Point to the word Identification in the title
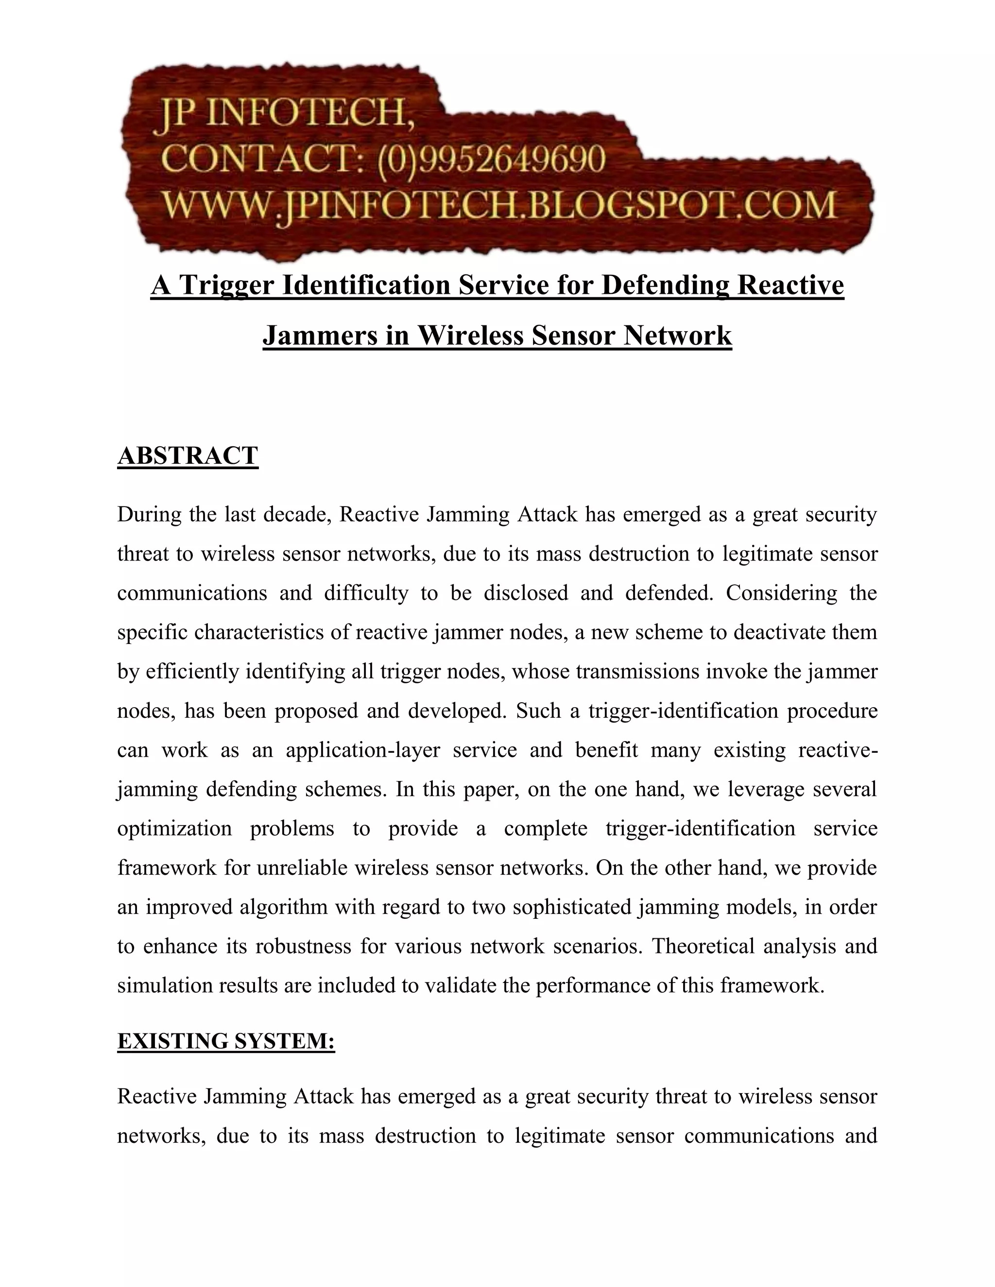(x=367, y=285)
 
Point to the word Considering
(x=781, y=593)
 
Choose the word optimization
(x=174, y=829)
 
